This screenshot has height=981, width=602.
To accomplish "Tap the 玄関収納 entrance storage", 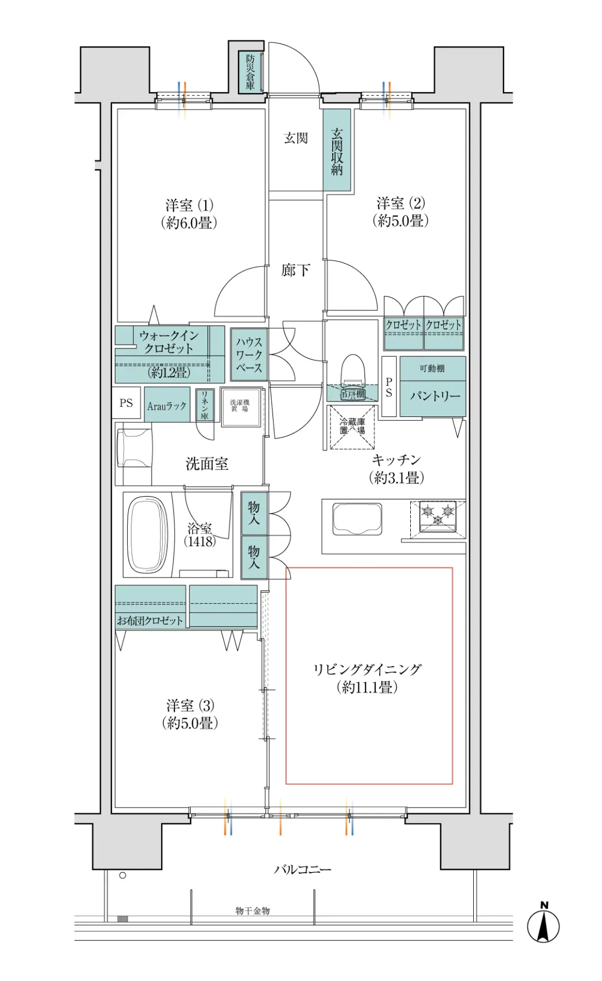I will click(x=337, y=151).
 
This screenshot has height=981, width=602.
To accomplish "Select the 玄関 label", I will click(x=295, y=138).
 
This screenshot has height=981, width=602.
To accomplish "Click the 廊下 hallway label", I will click(x=295, y=271).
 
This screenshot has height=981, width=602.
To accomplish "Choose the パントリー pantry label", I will click(x=435, y=396).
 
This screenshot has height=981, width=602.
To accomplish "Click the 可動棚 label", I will click(x=432, y=368).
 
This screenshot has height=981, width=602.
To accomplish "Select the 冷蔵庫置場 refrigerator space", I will click(x=352, y=427).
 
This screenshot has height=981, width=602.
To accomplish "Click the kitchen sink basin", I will click(x=357, y=519).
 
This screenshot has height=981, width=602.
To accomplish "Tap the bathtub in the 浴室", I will click(x=148, y=535).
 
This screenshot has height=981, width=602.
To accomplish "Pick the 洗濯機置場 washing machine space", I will click(x=241, y=407).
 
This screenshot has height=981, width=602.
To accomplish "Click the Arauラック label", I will click(x=167, y=406).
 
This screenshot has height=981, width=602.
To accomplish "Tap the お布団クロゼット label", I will click(x=149, y=620).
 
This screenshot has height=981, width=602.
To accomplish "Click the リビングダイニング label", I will click(x=367, y=669).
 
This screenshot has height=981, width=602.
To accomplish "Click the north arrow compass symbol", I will click(x=543, y=927).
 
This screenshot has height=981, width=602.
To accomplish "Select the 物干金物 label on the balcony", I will click(x=253, y=911).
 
